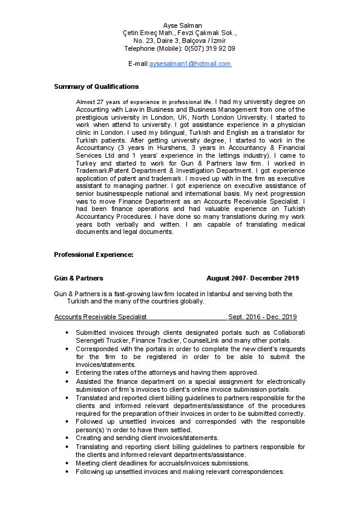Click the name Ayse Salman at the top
(x=180, y=25)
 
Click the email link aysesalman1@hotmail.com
(x=190, y=63)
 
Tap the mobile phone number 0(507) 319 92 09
(x=210, y=48)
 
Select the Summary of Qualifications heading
(x=96, y=86)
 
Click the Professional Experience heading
(x=94, y=254)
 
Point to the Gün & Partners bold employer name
(x=79, y=278)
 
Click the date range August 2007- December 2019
(x=252, y=278)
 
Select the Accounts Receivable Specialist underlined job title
(x=100, y=317)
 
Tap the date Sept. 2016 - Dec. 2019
(x=263, y=317)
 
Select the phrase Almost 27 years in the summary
(x=97, y=102)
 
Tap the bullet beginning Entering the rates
(x=167, y=372)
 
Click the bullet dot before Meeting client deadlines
(x=66, y=463)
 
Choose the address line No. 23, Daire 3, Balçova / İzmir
(x=180, y=41)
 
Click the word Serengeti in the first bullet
(x=93, y=341)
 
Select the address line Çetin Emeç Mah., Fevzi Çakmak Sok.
(x=180, y=33)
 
